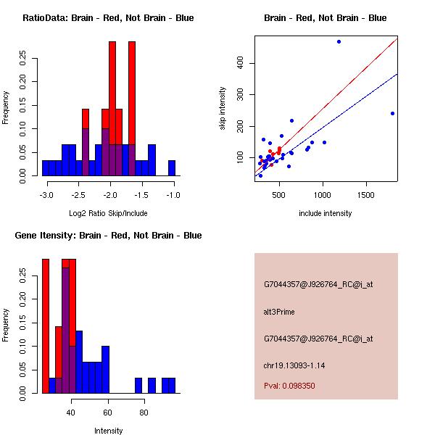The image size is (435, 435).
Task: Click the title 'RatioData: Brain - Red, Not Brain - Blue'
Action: (108, 18)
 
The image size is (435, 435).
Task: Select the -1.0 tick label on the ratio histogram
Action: (173, 195)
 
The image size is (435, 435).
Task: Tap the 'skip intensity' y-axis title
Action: (223, 109)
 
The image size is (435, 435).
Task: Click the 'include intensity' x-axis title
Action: (325, 213)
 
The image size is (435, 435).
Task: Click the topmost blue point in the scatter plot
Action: (339, 42)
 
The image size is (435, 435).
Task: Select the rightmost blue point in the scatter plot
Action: (392, 113)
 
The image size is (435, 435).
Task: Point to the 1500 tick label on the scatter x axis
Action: (366, 195)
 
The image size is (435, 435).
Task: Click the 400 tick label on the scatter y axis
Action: (241, 63)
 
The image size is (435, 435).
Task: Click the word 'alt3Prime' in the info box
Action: (279, 312)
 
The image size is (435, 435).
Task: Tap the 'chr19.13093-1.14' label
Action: (294, 365)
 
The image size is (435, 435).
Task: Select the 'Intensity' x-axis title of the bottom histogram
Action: (109, 431)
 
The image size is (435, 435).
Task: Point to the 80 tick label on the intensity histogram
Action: (144, 413)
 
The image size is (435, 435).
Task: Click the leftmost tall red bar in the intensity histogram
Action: (46, 326)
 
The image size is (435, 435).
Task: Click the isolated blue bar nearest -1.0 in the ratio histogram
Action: (172, 168)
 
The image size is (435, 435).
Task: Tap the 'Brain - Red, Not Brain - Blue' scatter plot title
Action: (325, 18)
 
